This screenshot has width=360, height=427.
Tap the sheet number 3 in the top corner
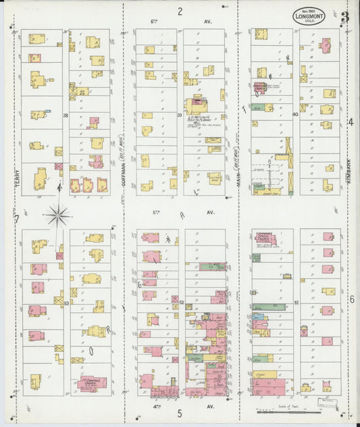click(x=344, y=18)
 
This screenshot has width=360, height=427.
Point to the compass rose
click(x=59, y=216)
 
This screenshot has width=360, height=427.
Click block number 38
click(x=66, y=116)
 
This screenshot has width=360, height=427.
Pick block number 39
click(x=180, y=116)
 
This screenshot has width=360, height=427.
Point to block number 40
click(x=295, y=115)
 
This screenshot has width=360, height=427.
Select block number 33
click(x=66, y=304)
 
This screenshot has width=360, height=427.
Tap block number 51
click(x=296, y=303)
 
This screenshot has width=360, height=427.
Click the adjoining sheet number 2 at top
click(x=180, y=11)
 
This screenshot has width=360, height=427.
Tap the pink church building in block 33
click(x=93, y=384)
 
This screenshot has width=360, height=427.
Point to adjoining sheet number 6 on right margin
click(x=351, y=299)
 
